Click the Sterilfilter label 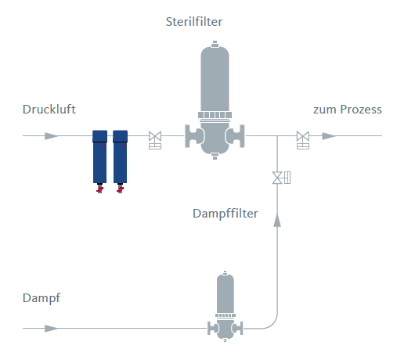[x=194, y=22]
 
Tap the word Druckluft [x=49, y=110]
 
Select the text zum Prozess [x=348, y=110]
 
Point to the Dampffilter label [x=226, y=214]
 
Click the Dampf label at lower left [x=41, y=298]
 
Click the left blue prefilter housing [x=99, y=157]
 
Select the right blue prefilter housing [x=120, y=157]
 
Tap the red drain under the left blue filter [x=99, y=189]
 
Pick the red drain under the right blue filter [x=120, y=189]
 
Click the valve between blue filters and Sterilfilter [x=155, y=140]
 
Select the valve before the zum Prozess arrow [x=303, y=140]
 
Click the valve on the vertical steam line [x=281, y=178]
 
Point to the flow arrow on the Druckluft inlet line [x=52, y=136]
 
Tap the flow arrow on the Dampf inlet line [x=52, y=329]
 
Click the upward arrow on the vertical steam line [x=277, y=220]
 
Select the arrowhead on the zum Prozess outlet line [x=329, y=136]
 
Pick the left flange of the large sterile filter [x=194, y=136]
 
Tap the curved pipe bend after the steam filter [x=273, y=324]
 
